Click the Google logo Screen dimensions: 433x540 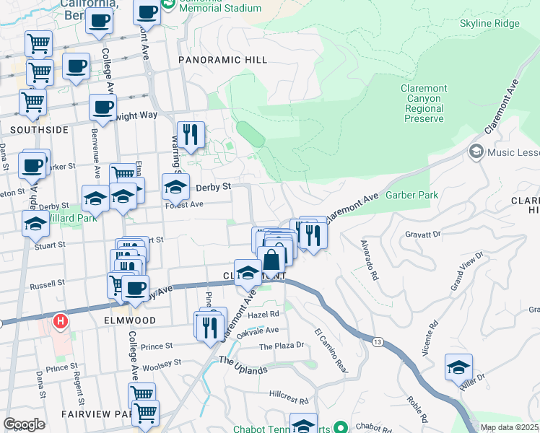pos(24,424)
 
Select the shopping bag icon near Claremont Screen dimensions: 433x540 pos(273,261)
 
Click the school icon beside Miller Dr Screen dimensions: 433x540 pos(458,368)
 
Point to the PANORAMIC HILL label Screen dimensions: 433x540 pos(222,60)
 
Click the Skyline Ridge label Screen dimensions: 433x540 pos(489,23)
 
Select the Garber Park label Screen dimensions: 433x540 pos(411,195)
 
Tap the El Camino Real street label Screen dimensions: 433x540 pos(331,351)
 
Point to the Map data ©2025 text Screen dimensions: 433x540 pos(509,427)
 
